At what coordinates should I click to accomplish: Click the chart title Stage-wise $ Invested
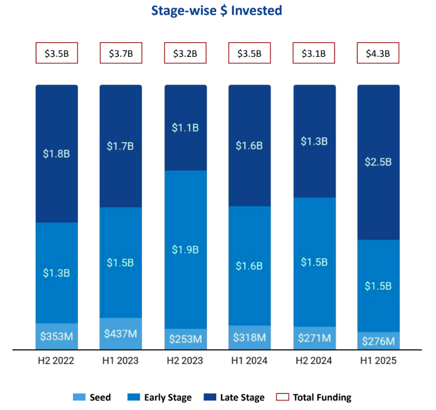coord(217,11)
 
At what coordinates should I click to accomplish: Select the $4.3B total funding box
coord(378,53)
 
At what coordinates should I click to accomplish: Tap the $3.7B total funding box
coord(121,53)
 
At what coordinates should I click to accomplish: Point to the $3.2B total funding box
coord(186,53)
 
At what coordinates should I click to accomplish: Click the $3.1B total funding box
coord(314,53)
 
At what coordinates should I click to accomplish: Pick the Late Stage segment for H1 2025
coord(378,162)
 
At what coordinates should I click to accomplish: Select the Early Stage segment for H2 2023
coord(186,250)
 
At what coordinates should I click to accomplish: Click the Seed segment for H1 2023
coord(121,334)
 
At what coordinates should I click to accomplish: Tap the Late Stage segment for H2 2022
coord(56,153)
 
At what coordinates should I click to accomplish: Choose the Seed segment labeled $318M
coord(249,338)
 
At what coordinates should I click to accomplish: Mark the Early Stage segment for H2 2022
coord(56,273)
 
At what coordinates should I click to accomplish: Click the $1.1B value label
coord(186,128)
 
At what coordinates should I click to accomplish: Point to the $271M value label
coord(314,338)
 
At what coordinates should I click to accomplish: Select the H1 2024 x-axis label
coord(249,361)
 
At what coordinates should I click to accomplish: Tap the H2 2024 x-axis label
coord(314,361)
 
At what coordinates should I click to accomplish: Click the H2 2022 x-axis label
coord(56,361)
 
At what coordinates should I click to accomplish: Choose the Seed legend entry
coord(93,397)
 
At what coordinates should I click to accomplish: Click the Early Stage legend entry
coord(160,397)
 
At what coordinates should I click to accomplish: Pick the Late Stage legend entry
coord(234,397)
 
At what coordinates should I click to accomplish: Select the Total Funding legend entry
coord(314,397)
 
